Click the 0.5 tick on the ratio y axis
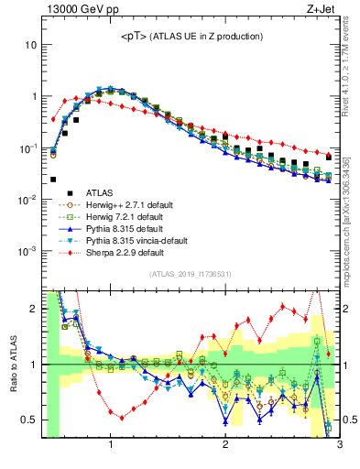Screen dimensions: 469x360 pyautogui.click(x=30, y=420)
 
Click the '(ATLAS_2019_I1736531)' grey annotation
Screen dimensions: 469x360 pyautogui.click(x=190, y=274)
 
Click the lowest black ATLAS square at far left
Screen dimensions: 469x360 pyautogui.click(x=53, y=180)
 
